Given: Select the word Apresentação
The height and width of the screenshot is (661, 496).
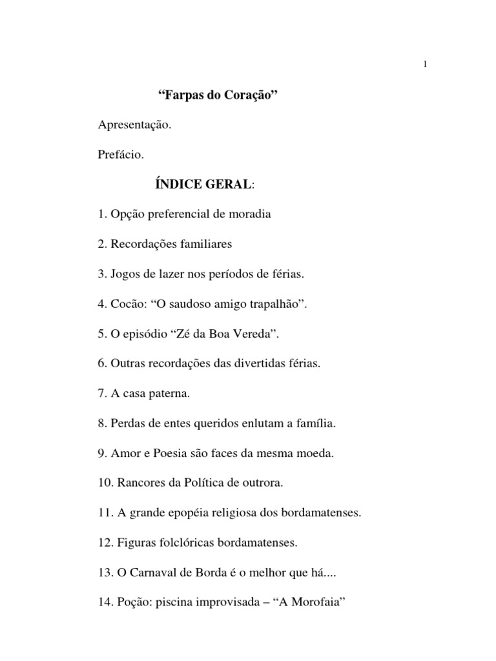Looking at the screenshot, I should pos(135,125).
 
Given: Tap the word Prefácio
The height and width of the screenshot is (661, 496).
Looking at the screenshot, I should pos(121,155).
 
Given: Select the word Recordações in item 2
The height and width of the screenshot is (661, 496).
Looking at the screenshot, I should pos(141,244).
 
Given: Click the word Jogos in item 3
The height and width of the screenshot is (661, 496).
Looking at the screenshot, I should pos(125,274).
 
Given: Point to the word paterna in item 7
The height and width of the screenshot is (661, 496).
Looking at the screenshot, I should pos(171,394).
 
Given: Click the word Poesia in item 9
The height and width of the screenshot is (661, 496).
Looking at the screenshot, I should pos(169,453).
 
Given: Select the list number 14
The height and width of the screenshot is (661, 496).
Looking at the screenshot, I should pos(105,602).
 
